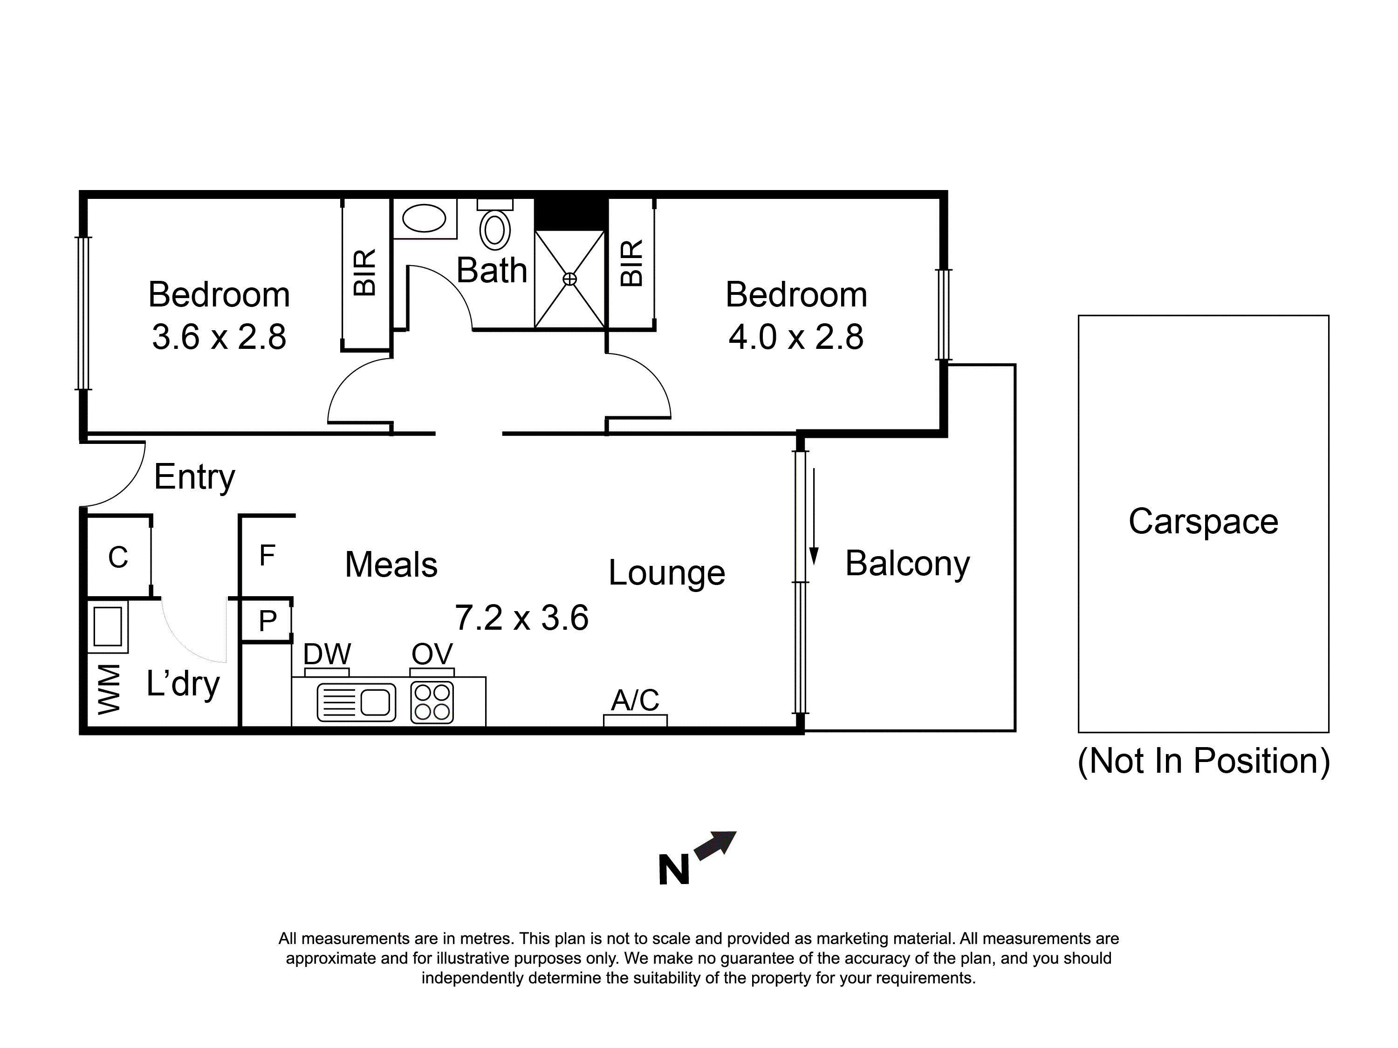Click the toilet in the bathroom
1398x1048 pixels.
coord(495,224)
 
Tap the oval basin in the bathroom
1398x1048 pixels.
coord(424,218)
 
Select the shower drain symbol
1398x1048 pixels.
coord(569,279)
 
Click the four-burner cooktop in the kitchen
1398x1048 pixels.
coord(432,702)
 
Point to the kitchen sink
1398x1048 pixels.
coord(356,702)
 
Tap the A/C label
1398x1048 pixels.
coord(635,701)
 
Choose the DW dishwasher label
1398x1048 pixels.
coord(327,654)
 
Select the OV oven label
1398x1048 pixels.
coord(432,654)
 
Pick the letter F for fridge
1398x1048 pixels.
coord(267,555)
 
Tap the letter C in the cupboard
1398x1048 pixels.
coord(118,557)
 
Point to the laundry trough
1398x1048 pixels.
coord(108,626)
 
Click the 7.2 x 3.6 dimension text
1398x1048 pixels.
coord(522,618)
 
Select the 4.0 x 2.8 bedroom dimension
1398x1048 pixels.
coord(796,337)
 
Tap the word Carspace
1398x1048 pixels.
coord(1203,522)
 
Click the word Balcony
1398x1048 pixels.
coord(908,564)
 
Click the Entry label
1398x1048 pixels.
coord(195,477)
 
